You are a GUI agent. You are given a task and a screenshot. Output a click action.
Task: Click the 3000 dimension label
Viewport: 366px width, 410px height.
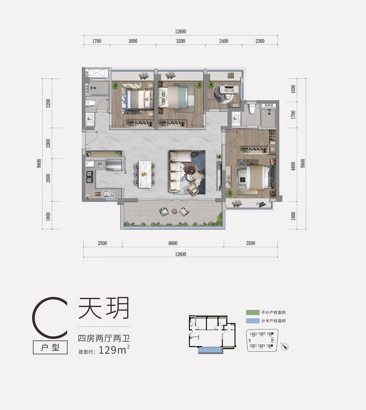133,41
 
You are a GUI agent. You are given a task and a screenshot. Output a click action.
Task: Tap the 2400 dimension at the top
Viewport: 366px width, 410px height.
224,41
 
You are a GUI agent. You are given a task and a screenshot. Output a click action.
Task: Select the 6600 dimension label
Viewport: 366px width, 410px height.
173,243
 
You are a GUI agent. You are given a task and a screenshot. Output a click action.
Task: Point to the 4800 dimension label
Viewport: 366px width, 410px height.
293,166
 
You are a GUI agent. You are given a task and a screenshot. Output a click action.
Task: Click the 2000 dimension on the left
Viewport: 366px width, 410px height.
48,143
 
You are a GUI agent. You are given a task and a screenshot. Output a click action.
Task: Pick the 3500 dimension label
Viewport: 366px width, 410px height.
250,243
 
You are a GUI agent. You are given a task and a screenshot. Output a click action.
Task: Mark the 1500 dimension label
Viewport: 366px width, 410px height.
293,89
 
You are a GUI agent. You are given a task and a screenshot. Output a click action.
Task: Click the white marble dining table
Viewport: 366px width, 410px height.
145,174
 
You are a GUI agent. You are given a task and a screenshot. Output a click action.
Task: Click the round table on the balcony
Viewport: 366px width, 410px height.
174,211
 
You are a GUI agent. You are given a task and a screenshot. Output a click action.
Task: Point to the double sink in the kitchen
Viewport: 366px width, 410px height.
108,194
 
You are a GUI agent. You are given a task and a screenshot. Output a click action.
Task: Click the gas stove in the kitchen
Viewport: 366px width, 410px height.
89,177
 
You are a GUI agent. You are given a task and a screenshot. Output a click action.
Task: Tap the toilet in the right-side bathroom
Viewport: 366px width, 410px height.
252,109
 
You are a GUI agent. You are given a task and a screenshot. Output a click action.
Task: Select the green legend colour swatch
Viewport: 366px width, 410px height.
253,312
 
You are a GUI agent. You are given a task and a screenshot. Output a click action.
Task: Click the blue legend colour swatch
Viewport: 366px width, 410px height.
253,321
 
